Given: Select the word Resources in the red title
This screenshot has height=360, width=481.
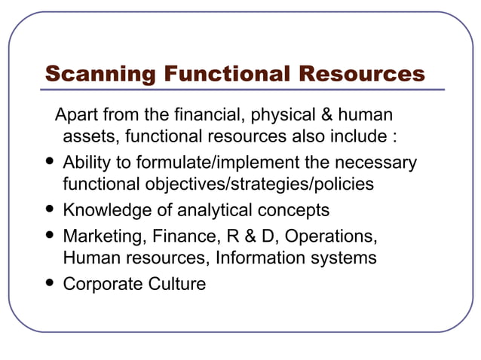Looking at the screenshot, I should pos(361,74).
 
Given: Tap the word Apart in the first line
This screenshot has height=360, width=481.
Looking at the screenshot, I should pos(77,115).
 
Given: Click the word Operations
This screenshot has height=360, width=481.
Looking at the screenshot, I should pos(328,236).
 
